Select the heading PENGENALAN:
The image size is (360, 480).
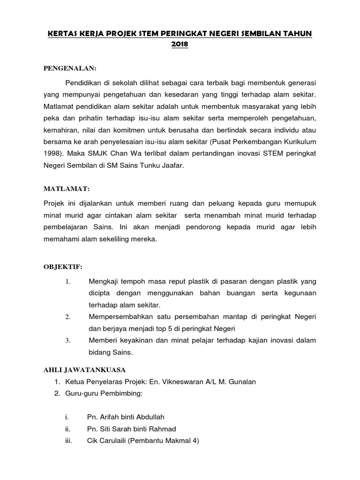coord(69,68)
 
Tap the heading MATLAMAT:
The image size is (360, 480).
coord(66,188)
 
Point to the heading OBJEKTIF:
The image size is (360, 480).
coord(63,267)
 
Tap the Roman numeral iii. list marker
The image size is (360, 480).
coord(67,440)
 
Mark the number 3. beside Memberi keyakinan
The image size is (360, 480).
coord(67,340)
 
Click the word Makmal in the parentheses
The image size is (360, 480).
coord(176,440)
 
